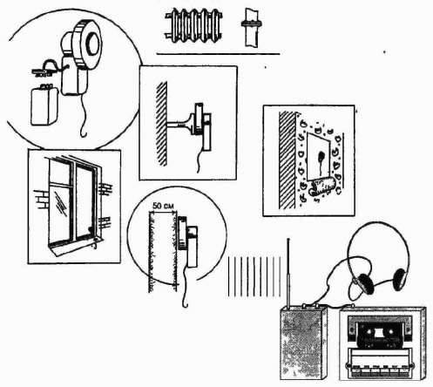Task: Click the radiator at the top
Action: (x=193, y=25)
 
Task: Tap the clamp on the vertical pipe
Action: (x=251, y=24)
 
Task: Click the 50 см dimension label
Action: (x=163, y=206)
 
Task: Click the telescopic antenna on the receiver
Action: (x=288, y=273)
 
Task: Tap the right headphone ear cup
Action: (x=399, y=279)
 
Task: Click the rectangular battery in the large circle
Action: (x=44, y=105)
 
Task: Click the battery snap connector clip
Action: (x=44, y=71)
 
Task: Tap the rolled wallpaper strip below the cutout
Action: (x=321, y=187)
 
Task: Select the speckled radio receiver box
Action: (x=303, y=343)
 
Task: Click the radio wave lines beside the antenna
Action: (x=254, y=276)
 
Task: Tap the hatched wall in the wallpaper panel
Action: (x=287, y=160)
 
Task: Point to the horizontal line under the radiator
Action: (x=218, y=54)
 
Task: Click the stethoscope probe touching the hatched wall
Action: (x=178, y=125)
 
